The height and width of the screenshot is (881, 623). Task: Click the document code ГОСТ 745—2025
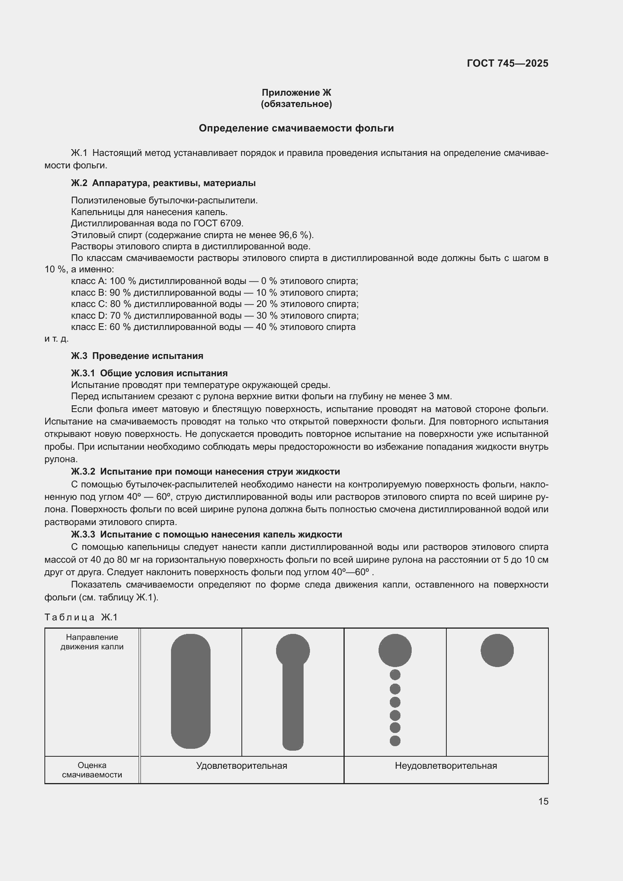click(x=507, y=63)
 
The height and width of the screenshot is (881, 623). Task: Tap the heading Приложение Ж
click(x=296, y=93)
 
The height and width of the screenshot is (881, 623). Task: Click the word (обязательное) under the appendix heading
click(x=296, y=104)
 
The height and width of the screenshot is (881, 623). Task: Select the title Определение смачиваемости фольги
click(x=296, y=128)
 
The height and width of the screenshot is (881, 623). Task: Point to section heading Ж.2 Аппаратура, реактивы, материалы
click(x=163, y=183)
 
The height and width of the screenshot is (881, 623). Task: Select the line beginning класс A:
click(x=214, y=281)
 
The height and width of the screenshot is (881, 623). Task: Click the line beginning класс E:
click(x=213, y=327)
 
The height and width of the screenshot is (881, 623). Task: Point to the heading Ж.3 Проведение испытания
click(x=137, y=356)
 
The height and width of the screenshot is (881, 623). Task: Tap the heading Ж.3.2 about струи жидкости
click(x=205, y=472)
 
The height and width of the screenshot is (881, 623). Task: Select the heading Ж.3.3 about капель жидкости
click(x=206, y=534)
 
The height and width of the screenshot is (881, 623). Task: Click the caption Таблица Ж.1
click(x=81, y=617)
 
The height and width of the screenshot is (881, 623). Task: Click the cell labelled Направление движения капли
click(x=92, y=642)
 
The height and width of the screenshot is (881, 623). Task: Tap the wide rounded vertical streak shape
click(x=191, y=691)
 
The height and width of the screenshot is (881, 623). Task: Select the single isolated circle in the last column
click(x=497, y=650)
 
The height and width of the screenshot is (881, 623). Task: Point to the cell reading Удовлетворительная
click(x=242, y=766)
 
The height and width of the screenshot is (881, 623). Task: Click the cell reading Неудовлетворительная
click(x=446, y=766)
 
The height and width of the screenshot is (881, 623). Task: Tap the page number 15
click(x=543, y=801)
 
